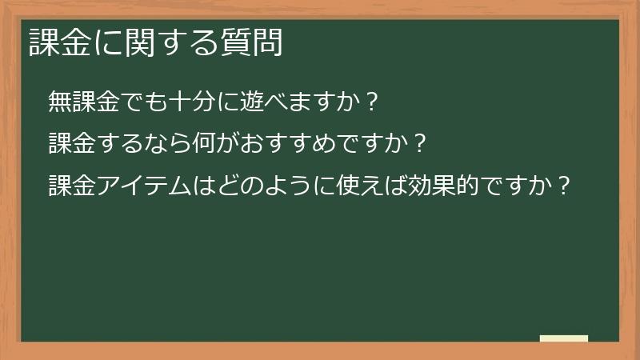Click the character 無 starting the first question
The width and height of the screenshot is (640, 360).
pos(59,102)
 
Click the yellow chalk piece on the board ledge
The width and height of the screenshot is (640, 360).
pos(563,338)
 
